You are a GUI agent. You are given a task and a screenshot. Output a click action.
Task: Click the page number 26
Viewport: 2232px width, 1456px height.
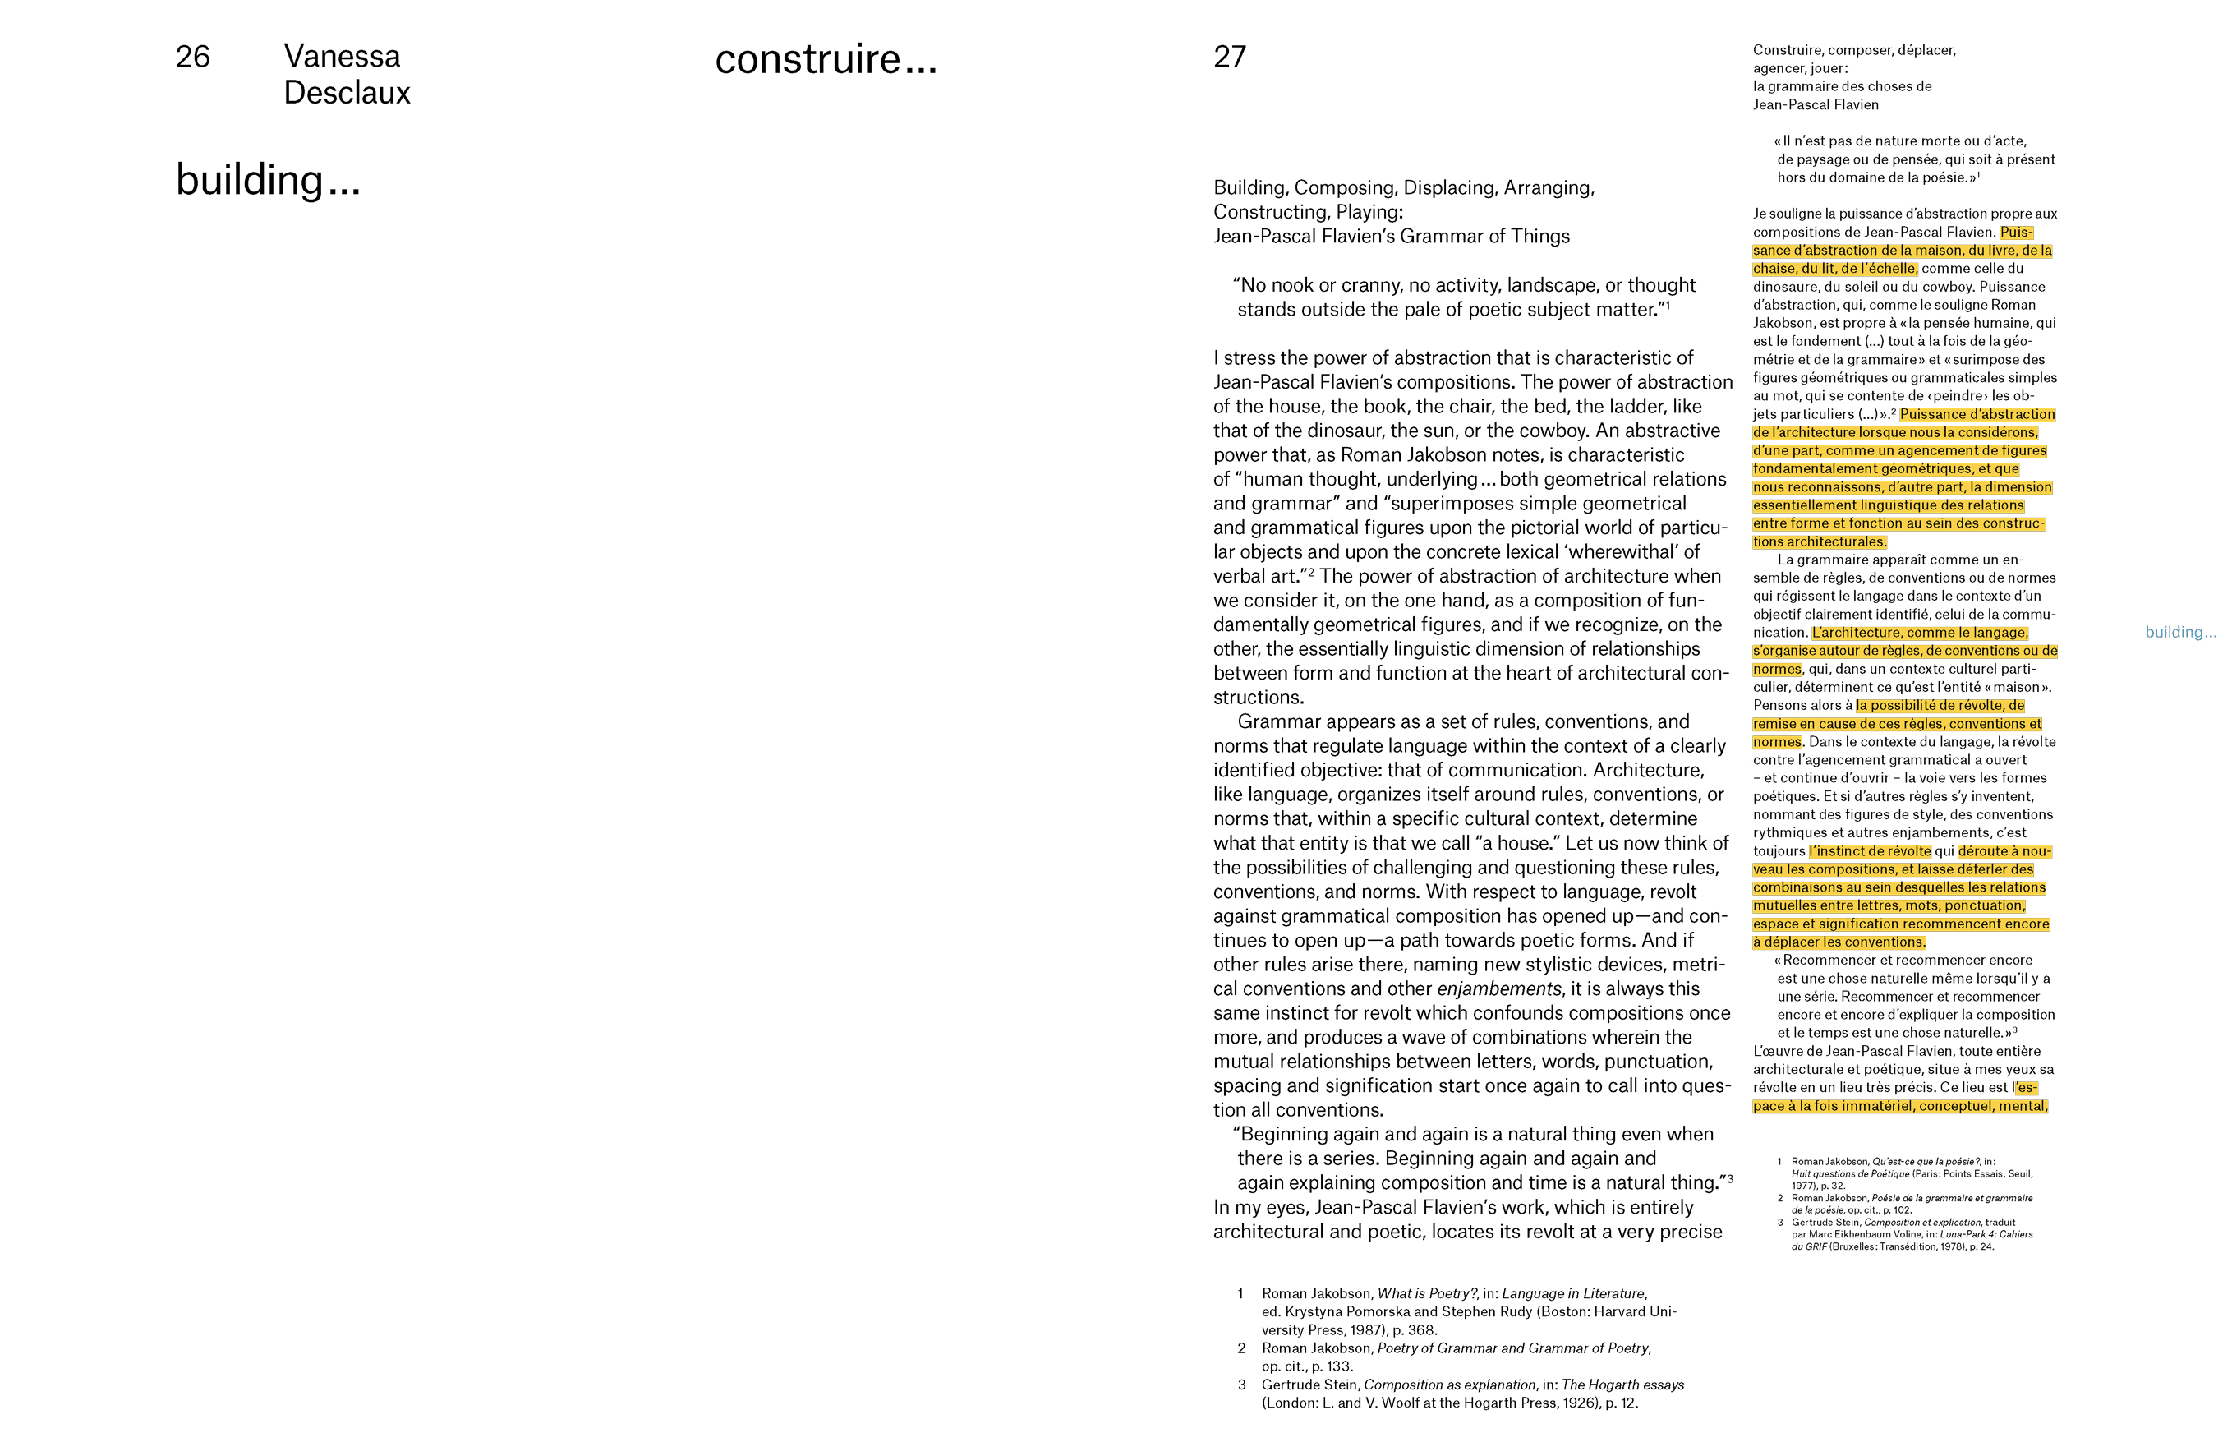(x=192, y=57)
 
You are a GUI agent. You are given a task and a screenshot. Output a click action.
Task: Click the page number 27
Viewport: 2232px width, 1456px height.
(x=1230, y=57)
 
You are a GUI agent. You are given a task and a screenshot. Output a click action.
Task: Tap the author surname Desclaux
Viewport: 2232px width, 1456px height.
(x=347, y=93)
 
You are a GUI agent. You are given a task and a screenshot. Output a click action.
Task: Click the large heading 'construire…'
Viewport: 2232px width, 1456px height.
(x=826, y=59)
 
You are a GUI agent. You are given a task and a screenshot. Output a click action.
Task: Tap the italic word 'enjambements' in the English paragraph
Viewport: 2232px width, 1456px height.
(x=1498, y=988)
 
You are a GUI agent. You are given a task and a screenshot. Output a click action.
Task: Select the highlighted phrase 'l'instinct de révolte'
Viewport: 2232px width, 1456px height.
(x=1870, y=852)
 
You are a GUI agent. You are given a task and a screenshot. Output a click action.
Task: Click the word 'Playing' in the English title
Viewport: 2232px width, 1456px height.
(x=1369, y=212)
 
